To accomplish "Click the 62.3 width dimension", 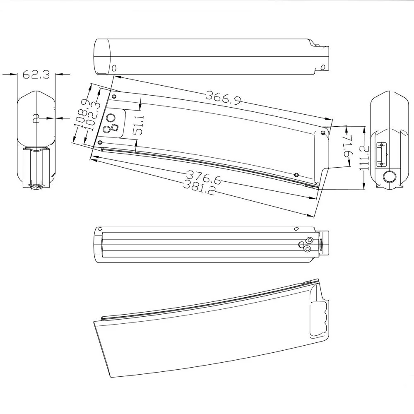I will click(36, 75).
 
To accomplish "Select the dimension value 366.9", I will click(223, 98).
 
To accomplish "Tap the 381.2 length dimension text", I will click(199, 189).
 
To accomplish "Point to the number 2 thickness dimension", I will click(36, 119).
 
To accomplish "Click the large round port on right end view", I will click(389, 177).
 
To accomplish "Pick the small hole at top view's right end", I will click(323, 67).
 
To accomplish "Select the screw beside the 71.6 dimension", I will click(323, 133).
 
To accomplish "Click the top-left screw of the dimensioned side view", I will click(114, 97).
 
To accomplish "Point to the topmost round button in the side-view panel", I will click(111, 117).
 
